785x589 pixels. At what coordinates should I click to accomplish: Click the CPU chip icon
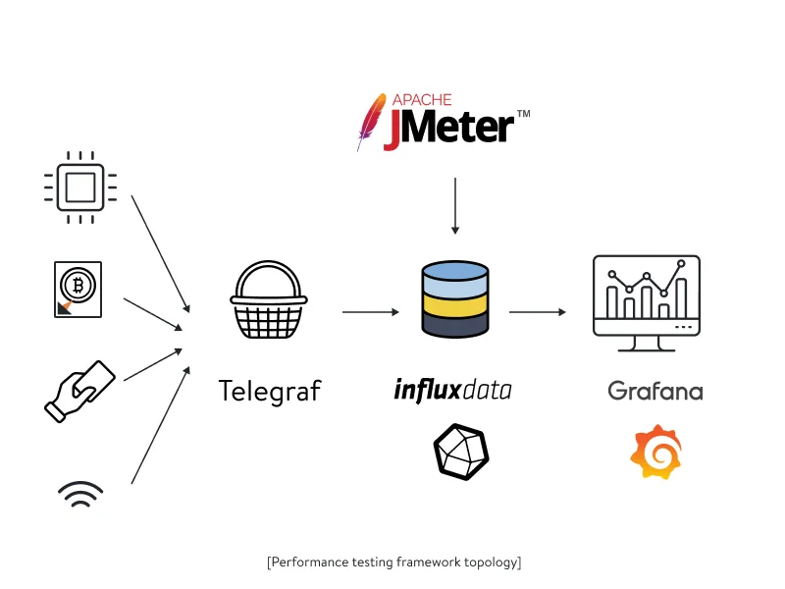point(80,184)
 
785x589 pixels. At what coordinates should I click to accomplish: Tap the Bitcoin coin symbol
point(78,286)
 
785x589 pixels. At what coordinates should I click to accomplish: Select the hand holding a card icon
point(79,391)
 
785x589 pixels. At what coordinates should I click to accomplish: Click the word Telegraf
point(269,391)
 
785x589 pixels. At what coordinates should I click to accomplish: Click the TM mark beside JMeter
point(523,115)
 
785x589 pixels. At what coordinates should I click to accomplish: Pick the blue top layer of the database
point(454,274)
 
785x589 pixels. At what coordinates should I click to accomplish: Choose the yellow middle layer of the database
point(454,303)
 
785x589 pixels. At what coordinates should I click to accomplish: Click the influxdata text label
point(452,390)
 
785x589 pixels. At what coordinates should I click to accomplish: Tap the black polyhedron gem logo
point(460,453)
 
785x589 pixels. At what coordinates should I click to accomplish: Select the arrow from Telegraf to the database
point(370,312)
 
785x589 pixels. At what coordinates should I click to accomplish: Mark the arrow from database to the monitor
point(537,312)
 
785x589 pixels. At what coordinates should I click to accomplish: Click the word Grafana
point(655,391)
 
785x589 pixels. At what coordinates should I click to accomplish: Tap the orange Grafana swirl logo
point(655,454)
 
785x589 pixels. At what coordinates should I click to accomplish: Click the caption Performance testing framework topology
point(393,562)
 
